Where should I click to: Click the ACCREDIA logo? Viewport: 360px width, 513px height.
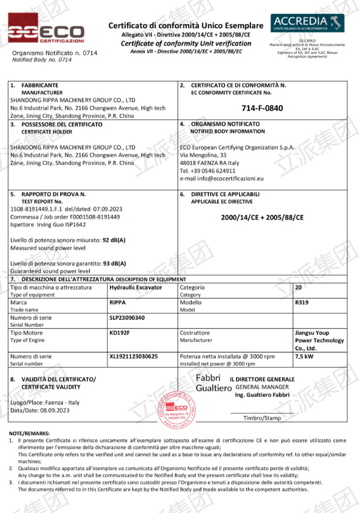point(307,23)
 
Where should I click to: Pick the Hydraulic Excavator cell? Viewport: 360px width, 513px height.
point(135,287)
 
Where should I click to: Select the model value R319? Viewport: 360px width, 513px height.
point(302,303)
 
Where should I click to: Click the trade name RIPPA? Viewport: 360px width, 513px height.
point(117,303)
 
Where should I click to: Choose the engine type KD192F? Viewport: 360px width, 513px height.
point(120,332)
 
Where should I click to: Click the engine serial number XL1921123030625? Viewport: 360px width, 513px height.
point(134,356)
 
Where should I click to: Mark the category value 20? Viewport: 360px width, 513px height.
point(299,287)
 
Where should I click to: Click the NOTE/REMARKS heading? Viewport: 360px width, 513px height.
point(29,433)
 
